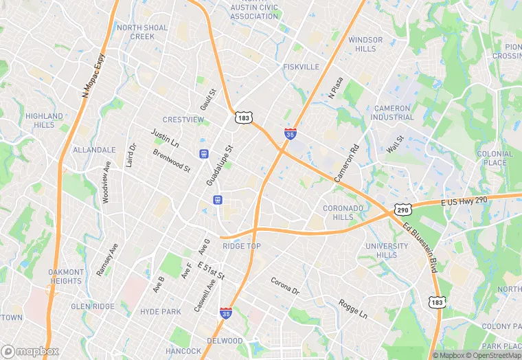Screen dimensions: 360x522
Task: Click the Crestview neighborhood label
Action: coord(183,120)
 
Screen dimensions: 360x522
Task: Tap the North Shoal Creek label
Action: coord(142,32)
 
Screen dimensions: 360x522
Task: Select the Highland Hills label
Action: coord(44,120)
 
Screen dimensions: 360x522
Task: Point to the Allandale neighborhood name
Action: coord(94,149)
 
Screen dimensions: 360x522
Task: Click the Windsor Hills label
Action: coord(365,45)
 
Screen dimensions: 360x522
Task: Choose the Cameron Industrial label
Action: coord(392,113)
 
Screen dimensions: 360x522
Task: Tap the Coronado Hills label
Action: coord(343,212)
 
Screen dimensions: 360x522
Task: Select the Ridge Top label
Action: coord(242,246)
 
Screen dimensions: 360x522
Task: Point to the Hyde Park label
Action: coord(160,311)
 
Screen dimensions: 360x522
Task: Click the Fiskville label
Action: coord(301,67)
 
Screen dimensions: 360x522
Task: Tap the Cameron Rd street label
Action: coord(347,163)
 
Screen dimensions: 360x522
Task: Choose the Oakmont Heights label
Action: coord(65,276)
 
